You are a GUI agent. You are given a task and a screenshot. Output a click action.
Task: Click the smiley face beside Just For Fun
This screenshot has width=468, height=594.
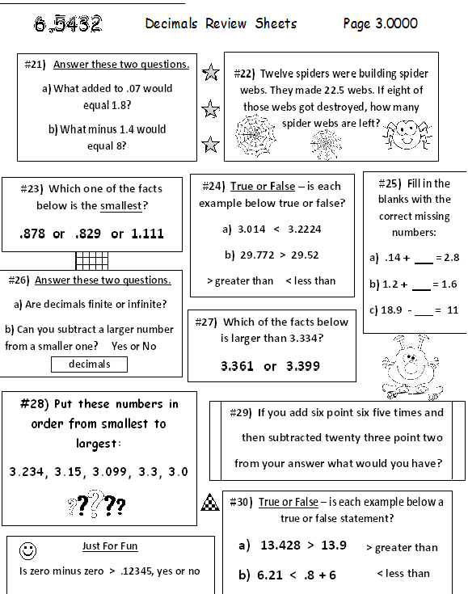click(x=28, y=550)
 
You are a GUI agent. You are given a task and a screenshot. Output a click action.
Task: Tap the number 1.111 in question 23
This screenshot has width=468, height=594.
click(x=147, y=234)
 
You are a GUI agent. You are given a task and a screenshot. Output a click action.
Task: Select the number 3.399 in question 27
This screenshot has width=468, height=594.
click(x=303, y=366)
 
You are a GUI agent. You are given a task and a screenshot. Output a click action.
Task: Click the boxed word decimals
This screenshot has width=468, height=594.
click(x=89, y=364)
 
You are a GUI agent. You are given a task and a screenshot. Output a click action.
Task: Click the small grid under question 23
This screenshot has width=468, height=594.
click(x=91, y=261)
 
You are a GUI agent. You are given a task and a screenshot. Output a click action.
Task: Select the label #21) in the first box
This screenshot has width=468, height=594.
click(x=35, y=64)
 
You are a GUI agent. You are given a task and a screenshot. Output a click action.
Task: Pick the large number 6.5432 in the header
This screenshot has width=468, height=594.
click(x=68, y=24)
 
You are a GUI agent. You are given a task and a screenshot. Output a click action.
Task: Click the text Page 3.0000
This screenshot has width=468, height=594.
click(x=380, y=23)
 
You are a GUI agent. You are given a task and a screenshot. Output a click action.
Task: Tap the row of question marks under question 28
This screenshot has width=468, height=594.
click(x=97, y=505)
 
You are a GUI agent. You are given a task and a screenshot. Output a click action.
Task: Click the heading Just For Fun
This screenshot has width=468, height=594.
click(x=110, y=546)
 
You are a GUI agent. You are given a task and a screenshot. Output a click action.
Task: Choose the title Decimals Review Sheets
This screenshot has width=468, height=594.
click(x=221, y=23)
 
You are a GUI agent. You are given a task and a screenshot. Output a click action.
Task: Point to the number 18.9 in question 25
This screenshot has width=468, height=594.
click(x=394, y=310)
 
